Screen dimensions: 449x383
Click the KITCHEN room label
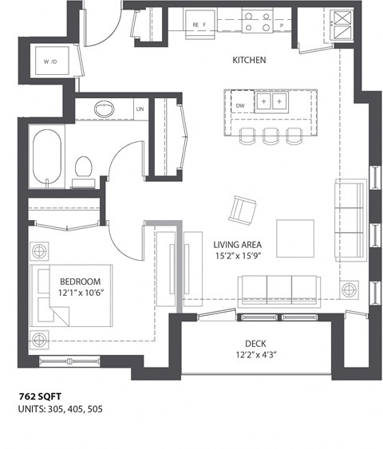click(x=249, y=60)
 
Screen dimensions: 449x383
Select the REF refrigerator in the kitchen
click(x=199, y=25)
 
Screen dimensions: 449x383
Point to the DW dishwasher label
click(x=240, y=104)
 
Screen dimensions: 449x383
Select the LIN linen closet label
click(x=140, y=109)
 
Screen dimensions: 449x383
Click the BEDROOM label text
click(x=80, y=282)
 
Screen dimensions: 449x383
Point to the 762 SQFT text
click(x=41, y=396)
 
